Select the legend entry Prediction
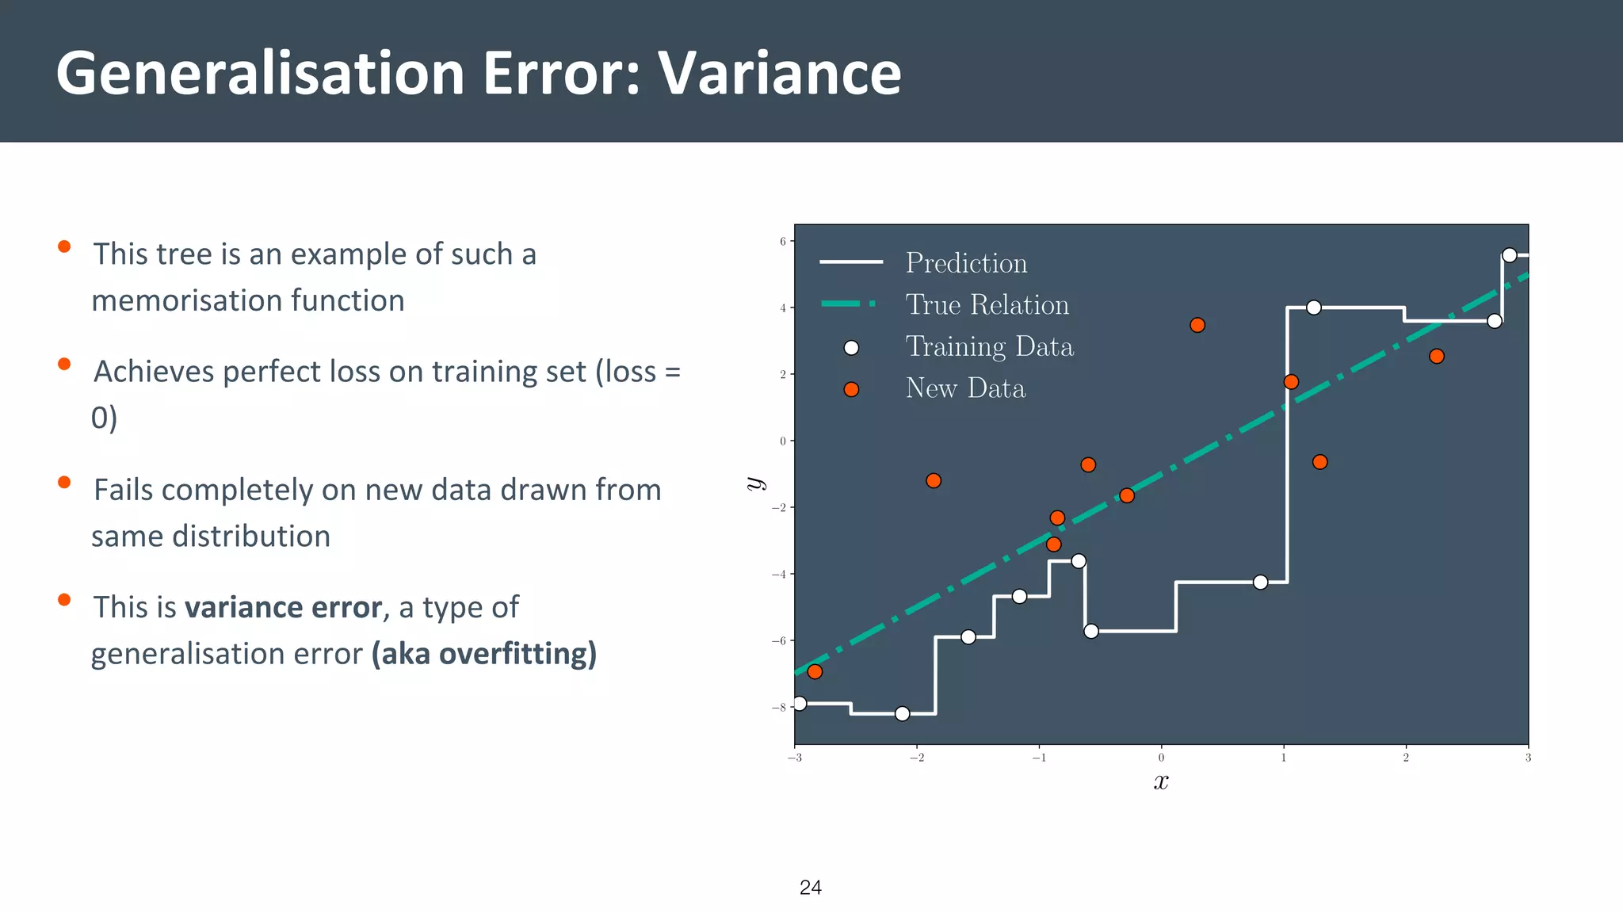pyautogui.click(x=966, y=263)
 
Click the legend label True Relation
pyautogui.click(x=987, y=305)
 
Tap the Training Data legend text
pyautogui.click(x=989, y=347)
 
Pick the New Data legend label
pyautogui.click(x=965, y=388)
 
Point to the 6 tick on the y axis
pyautogui.click(x=783, y=241)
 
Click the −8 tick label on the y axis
pyautogui.click(x=781, y=708)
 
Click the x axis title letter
pyautogui.click(x=1161, y=782)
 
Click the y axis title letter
pyautogui.click(x=755, y=483)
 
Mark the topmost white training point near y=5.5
pyautogui.click(x=1509, y=255)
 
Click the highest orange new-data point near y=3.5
pyautogui.click(x=1197, y=325)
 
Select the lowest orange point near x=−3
pyautogui.click(x=815, y=672)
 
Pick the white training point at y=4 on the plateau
pyautogui.click(x=1313, y=308)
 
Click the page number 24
pyautogui.click(x=810, y=888)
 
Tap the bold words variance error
pyautogui.click(x=283, y=608)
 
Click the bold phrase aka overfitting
pyautogui.click(x=484, y=654)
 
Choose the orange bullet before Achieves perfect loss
pyautogui.click(x=64, y=365)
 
